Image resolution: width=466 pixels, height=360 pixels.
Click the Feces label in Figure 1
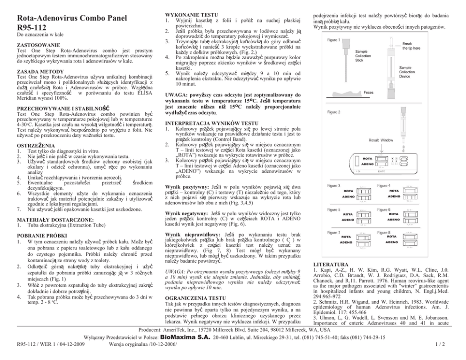click(x=368, y=93)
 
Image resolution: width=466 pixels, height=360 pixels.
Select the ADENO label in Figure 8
click(x=392, y=243)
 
